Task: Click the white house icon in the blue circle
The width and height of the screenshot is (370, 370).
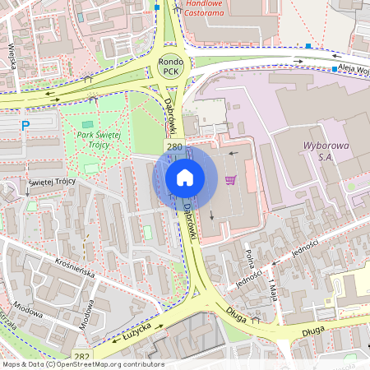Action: [185, 178]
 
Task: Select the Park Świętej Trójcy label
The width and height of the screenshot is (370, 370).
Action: [99, 140]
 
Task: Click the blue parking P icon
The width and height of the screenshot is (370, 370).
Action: [25, 124]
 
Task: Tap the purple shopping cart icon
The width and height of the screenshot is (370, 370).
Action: [231, 180]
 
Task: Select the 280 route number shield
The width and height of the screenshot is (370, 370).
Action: [174, 147]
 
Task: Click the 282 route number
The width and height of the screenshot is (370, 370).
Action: [81, 355]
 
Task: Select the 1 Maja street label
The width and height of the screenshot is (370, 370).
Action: [274, 287]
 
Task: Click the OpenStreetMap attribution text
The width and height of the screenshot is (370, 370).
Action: [82, 364]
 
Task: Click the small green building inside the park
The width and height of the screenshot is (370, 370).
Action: [88, 124]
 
